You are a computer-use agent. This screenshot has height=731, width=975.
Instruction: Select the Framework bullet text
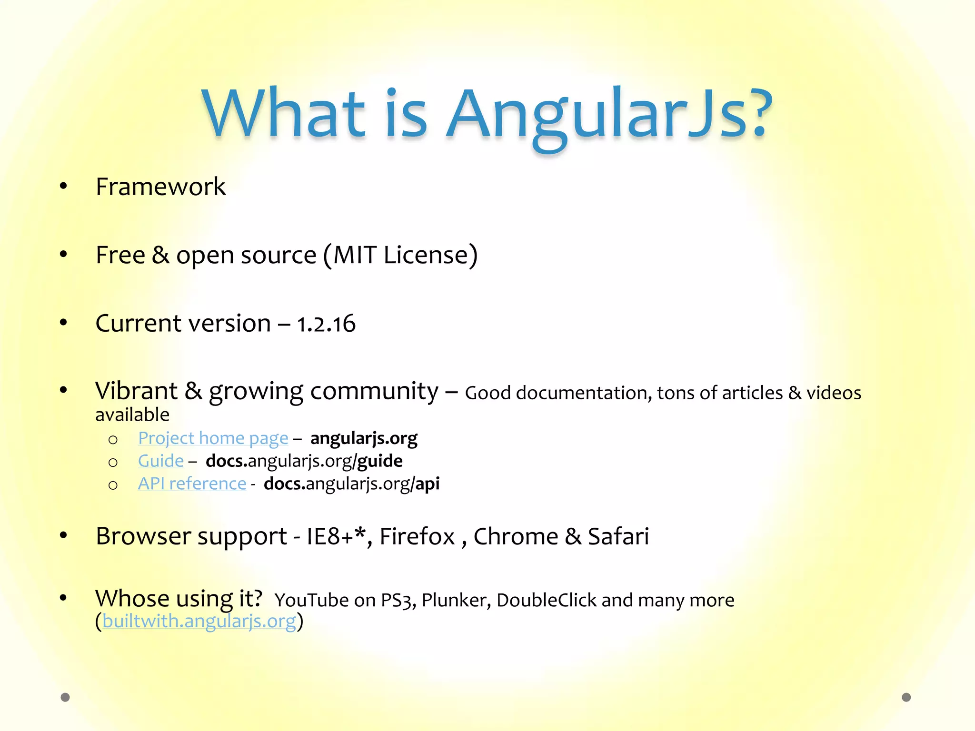tap(160, 187)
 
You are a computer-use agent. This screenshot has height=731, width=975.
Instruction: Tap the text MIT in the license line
tap(355, 255)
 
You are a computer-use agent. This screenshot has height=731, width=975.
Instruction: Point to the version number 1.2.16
tap(326, 324)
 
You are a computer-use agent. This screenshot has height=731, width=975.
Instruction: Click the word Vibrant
tap(136, 391)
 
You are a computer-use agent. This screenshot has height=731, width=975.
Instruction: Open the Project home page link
tap(213, 438)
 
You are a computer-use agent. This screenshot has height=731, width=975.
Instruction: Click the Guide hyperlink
tap(160, 461)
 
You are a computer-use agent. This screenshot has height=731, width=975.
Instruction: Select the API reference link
tap(192, 484)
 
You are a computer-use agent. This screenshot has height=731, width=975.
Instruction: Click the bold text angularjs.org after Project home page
tap(364, 438)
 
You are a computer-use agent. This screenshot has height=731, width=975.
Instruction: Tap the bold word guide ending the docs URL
tap(380, 461)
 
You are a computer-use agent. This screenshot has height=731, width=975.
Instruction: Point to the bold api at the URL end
tap(428, 484)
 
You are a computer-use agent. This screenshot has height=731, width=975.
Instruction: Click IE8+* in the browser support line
tap(336, 536)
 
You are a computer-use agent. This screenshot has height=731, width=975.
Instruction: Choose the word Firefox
tap(417, 536)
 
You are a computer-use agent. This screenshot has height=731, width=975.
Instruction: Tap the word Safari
tap(618, 536)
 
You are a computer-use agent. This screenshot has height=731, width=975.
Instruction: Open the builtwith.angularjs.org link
tap(199, 621)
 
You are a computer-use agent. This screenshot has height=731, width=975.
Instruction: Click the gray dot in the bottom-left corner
tap(65, 697)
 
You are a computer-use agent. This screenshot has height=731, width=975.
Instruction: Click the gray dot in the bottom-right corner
tap(906, 697)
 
